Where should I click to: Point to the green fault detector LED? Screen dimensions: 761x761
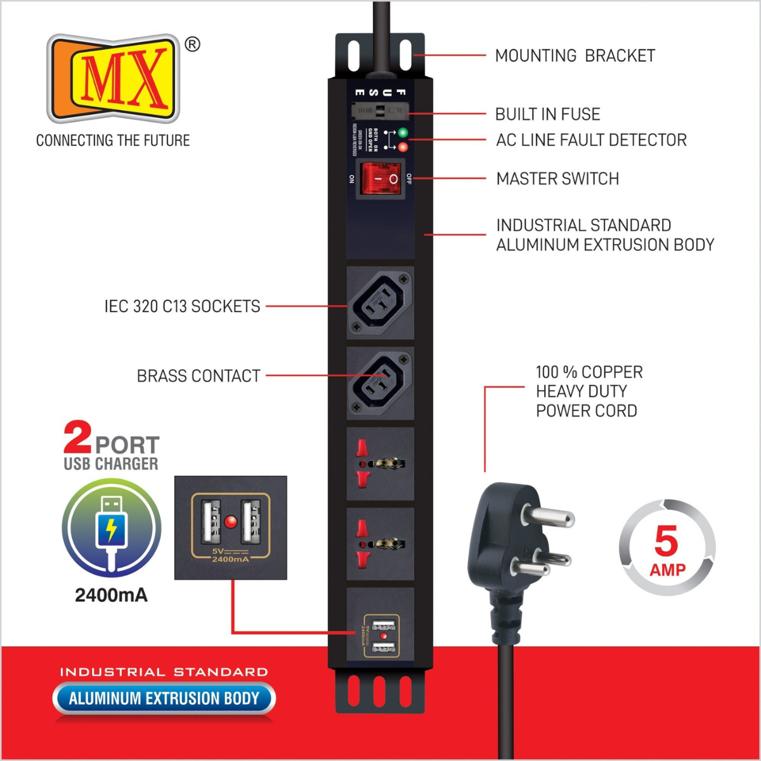coord(402,133)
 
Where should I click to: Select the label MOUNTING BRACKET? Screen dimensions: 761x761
coord(575,56)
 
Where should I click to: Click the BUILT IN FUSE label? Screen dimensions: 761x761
coord(547,114)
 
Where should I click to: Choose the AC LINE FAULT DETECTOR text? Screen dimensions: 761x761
coord(591,140)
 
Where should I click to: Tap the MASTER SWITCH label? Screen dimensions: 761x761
coord(557,179)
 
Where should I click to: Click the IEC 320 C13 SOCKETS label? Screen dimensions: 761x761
coord(182,306)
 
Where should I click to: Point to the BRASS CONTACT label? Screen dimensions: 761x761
coord(198,376)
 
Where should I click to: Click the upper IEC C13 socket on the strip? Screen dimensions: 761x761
coord(380,302)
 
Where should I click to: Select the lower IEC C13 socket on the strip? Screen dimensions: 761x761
coord(380,383)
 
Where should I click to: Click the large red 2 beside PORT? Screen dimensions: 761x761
coord(78,438)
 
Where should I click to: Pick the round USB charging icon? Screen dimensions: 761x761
coord(111,528)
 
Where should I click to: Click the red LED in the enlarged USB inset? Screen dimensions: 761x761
coord(231,522)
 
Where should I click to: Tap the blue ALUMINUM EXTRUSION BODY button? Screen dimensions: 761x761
coord(164,698)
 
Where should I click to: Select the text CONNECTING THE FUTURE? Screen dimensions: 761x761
coord(113,140)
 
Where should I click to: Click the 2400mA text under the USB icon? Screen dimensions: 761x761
coord(111,595)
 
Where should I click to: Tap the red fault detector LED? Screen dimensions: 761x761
coord(402,147)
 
